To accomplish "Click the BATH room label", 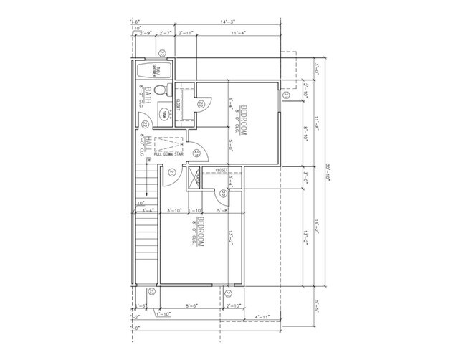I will point(147,96).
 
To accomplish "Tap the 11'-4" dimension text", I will point(237,32).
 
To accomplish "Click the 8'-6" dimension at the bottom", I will point(191,306).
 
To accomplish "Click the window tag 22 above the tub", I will point(163,52).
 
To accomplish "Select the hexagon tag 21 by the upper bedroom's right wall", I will point(286,95).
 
